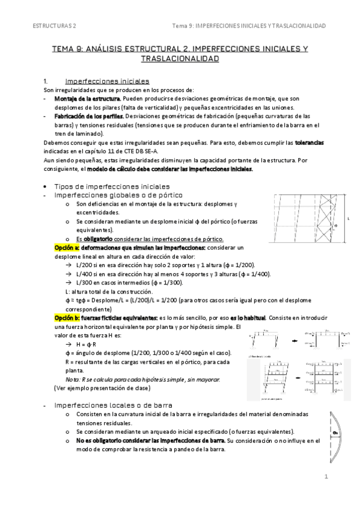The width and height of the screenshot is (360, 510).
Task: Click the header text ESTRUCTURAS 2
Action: [54, 26]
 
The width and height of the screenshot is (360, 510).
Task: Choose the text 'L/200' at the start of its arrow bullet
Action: [80, 265]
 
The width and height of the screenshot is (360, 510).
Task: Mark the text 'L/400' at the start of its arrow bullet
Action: [80, 274]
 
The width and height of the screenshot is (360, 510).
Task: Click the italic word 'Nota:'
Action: [72, 379]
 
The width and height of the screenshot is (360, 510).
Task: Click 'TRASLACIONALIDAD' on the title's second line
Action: [180, 59]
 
